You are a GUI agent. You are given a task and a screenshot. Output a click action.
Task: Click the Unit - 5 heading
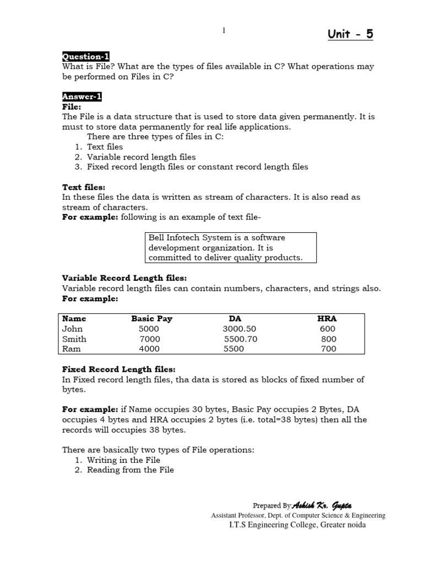coord(350,34)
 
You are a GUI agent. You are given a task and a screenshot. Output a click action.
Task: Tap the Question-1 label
coord(85,56)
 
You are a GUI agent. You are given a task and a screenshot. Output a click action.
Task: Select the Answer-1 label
coord(82,97)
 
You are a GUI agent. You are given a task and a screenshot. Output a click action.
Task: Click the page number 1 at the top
coord(224,31)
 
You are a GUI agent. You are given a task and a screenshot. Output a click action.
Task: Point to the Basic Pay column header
coord(151,319)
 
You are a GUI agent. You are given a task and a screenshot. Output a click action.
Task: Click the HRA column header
coord(327,319)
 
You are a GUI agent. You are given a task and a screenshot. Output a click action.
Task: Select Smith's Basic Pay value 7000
coord(150,339)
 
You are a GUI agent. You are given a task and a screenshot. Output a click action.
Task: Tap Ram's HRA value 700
coord(328,349)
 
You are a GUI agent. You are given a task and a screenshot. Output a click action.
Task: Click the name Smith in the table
coord(74,339)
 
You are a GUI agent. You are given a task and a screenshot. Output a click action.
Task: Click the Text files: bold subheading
coord(83,187)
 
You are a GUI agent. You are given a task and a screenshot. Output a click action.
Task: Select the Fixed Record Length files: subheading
coord(118,369)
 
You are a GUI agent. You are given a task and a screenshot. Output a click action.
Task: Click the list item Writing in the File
coord(123,460)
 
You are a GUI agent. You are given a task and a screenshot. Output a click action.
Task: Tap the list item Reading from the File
coord(130,470)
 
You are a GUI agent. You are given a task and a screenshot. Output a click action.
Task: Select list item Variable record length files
coord(141,157)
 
